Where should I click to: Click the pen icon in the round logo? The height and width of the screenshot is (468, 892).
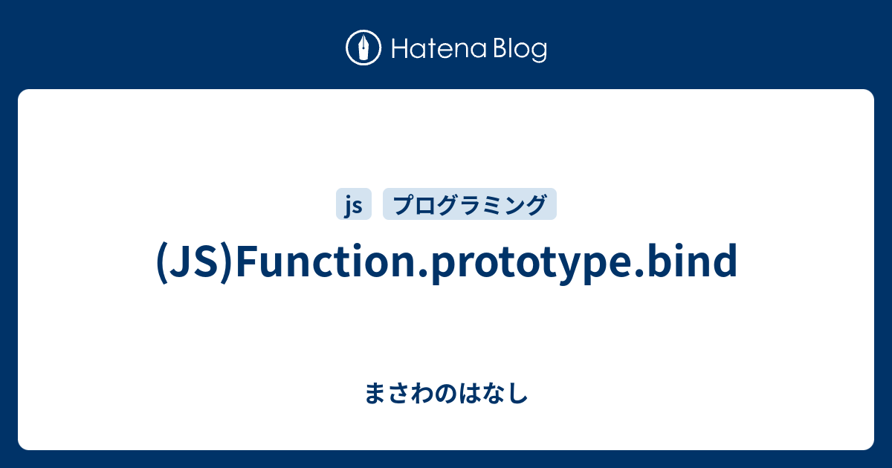point(363,49)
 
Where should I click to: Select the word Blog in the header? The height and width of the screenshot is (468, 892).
point(520,50)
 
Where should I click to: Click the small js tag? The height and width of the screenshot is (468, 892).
point(354,204)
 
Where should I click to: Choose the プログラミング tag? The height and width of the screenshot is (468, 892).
point(469,204)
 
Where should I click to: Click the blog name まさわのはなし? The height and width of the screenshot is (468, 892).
point(446,393)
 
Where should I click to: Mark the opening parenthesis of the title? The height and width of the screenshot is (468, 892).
point(161,262)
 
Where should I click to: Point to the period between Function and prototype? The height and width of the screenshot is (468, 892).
point(424,273)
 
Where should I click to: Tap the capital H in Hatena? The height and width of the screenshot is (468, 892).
point(398,50)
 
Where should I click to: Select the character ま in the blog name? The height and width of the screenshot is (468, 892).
point(375,393)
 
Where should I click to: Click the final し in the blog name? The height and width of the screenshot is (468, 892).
point(519,393)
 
